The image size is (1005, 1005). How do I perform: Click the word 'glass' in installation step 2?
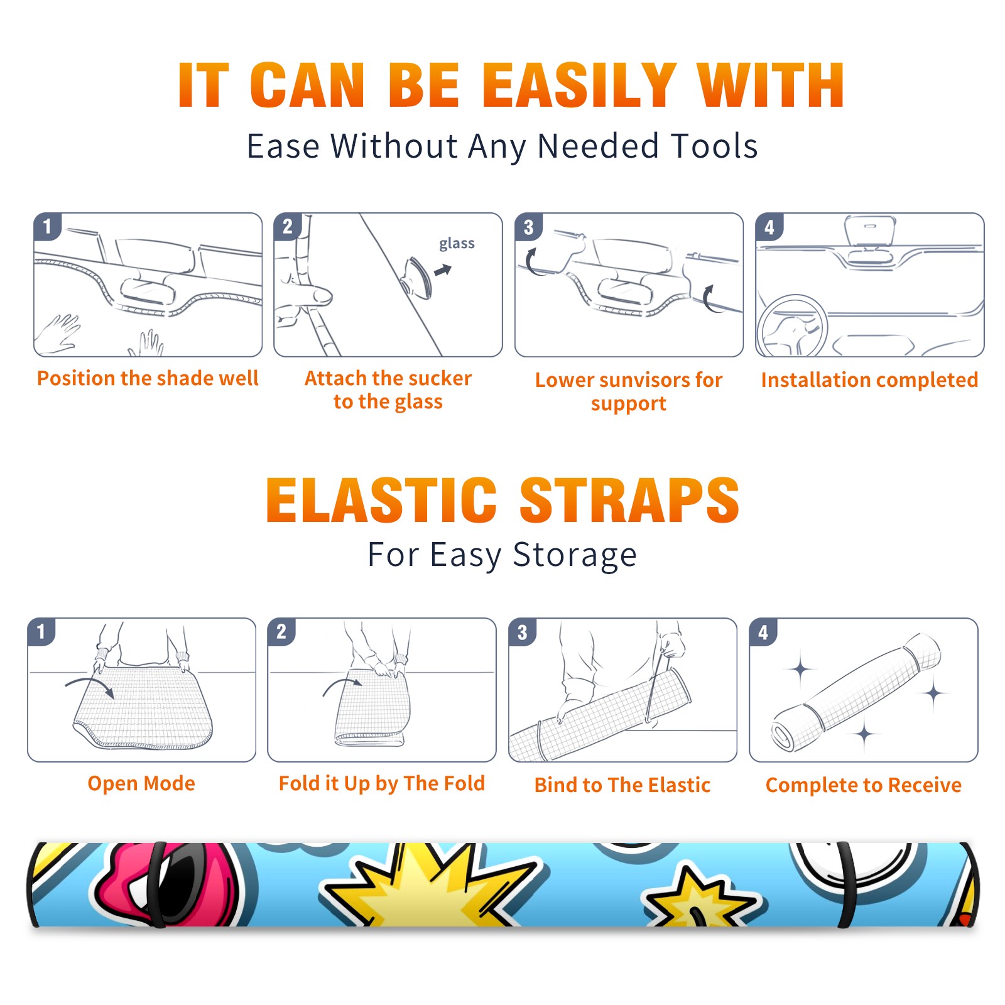click(x=457, y=244)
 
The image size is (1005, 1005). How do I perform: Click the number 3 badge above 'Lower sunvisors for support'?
click(x=528, y=227)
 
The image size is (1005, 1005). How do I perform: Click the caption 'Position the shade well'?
click(x=148, y=378)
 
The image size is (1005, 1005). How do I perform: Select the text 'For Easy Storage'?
click(x=502, y=555)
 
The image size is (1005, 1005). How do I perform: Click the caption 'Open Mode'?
click(x=141, y=783)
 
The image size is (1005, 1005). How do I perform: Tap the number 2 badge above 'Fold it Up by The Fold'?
click(x=281, y=631)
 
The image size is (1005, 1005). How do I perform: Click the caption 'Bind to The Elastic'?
click(x=622, y=785)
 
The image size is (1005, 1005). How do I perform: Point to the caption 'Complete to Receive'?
click(x=864, y=785)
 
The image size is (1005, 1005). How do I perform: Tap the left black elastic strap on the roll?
click(x=156, y=885)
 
